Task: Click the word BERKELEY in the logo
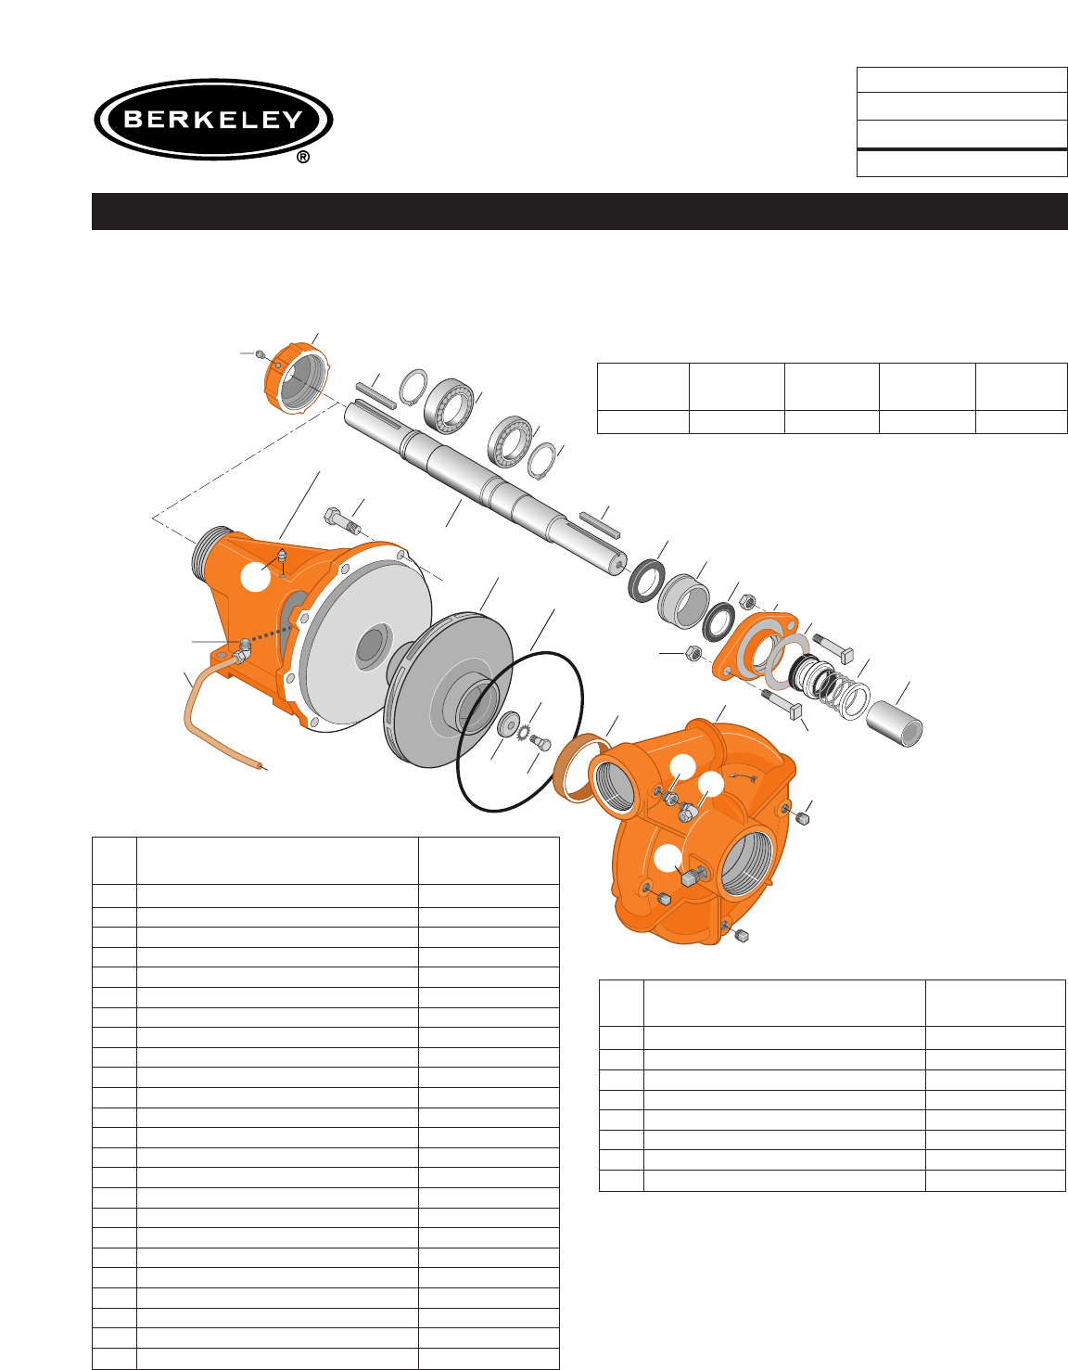(213, 120)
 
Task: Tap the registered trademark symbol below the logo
(303, 157)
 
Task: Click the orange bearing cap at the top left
(296, 378)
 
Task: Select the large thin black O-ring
(520, 731)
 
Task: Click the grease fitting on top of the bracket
(282, 557)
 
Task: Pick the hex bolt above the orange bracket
(342, 520)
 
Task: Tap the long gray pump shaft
(485, 489)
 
